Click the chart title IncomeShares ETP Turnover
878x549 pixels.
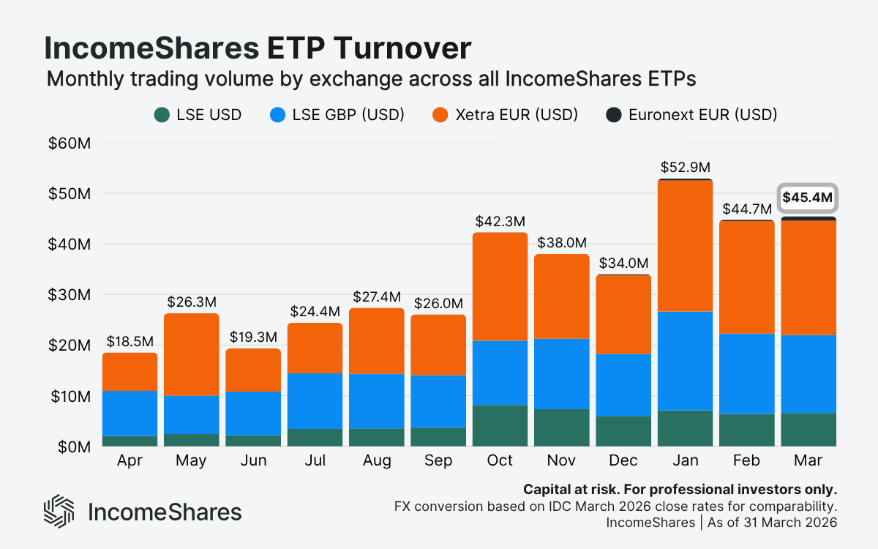coord(258,48)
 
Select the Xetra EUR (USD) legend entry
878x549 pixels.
coord(505,114)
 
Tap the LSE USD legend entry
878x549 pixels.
coord(198,114)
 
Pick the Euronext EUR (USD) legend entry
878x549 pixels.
coord(691,114)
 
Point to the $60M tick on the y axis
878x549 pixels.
coord(70,143)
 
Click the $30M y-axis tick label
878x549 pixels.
coord(70,295)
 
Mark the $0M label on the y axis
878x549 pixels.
coord(74,447)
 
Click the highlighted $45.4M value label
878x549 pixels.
coord(808,198)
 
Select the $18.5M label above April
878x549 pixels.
coord(130,341)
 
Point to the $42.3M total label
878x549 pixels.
coord(500,221)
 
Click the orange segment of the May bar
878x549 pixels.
coord(191,354)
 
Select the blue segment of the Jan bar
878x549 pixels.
coord(685,361)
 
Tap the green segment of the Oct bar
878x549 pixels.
coord(500,425)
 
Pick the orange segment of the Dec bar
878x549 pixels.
coord(623,315)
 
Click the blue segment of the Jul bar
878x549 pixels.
coord(315,400)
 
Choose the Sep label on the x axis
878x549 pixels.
coord(438,461)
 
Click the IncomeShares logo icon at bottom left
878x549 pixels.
coord(59,511)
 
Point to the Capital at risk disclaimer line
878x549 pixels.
coord(680,489)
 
